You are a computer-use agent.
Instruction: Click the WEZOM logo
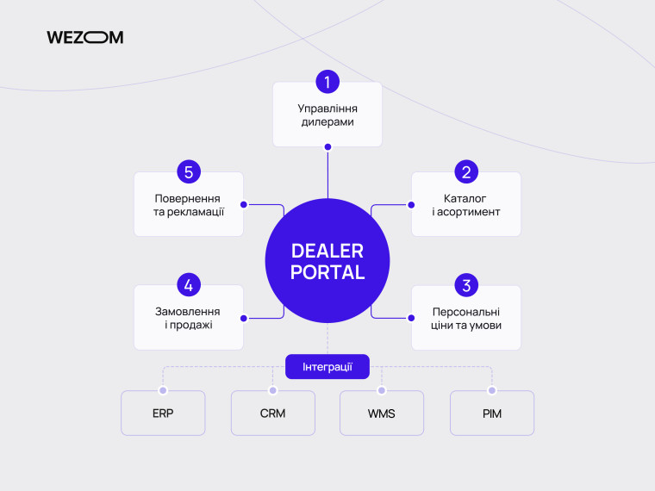coord(84,37)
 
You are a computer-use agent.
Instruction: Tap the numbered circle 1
coord(327,82)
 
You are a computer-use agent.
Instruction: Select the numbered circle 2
coord(466,171)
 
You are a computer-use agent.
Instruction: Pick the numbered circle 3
coord(466,285)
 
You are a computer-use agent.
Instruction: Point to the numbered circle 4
coord(189,285)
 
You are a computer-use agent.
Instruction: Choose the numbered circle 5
coord(189,171)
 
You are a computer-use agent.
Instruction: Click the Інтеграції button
coord(327,367)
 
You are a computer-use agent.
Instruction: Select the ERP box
coord(163,413)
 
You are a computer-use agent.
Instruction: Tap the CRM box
coord(273,413)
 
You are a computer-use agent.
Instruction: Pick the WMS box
coord(382,413)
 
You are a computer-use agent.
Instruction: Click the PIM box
coord(491,413)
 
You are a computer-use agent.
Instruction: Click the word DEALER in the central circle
coord(327,251)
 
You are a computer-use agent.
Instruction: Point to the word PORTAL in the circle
coord(327,272)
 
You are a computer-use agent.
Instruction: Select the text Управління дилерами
coord(327,115)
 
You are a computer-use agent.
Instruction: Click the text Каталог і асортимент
coord(466,205)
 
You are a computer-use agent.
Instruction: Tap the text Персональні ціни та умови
coord(466,319)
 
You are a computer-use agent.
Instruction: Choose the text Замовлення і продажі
coord(188,318)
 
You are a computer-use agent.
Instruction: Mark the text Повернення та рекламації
coord(189,205)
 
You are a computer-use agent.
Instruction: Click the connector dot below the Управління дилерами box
coord(327,147)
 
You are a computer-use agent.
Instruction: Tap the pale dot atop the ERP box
coord(163,390)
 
